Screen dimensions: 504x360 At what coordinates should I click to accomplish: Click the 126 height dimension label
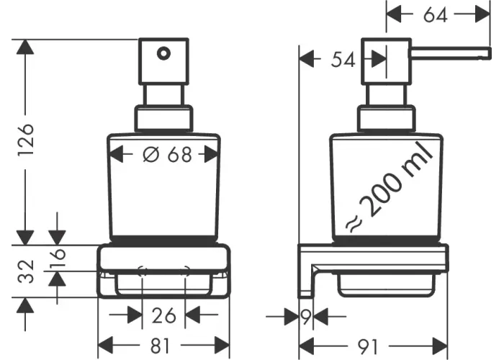pos(26,140)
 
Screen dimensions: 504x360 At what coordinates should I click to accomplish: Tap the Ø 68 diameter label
pos(167,154)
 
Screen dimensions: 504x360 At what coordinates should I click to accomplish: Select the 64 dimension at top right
pos(435,15)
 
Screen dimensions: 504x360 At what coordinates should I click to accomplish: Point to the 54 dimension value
pos(343,60)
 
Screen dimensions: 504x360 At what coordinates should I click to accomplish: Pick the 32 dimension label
pos(26,271)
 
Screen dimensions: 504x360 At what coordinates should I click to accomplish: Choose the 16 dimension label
pos(58,258)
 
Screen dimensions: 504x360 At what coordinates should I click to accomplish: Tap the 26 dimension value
pos(164,315)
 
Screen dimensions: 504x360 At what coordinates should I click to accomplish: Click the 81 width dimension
pos(160,346)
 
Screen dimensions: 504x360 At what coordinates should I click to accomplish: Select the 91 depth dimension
pos(369,346)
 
